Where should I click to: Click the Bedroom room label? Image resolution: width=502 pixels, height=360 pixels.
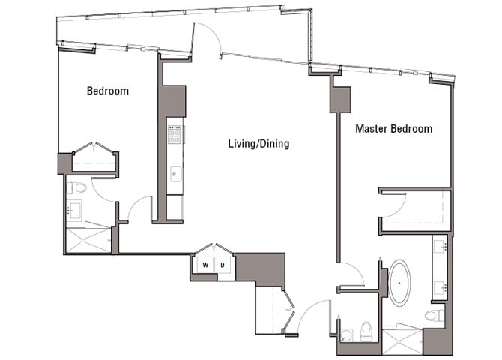tap(107, 91)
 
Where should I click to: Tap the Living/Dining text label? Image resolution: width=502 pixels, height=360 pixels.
tap(258, 144)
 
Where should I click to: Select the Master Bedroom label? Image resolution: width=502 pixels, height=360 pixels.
tap(393, 129)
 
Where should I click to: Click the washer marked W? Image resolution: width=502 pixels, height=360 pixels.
tap(204, 265)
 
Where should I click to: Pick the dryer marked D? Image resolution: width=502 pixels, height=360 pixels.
tap(223, 265)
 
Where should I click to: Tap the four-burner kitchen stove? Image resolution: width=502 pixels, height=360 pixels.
tap(175, 136)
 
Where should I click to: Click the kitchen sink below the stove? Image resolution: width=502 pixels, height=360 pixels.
tap(175, 174)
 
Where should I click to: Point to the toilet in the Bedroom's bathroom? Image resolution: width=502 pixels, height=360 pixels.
tap(76, 188)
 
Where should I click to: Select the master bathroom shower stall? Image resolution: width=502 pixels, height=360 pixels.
tap(403, 341)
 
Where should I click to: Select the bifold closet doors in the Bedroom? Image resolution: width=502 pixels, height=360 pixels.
tap(94, 148)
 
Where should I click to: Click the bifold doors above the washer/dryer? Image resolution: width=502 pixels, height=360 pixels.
tap(214, 249)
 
